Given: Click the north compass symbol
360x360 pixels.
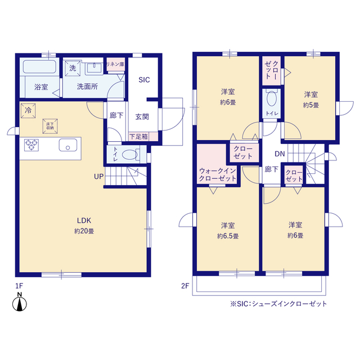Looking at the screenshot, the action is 20,302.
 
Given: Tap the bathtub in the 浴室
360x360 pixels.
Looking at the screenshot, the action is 39,66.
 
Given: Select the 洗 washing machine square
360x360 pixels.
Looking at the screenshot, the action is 73,68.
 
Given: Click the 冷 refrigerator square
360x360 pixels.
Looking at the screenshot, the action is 28,111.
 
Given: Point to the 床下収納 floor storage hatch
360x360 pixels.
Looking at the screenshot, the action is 50,126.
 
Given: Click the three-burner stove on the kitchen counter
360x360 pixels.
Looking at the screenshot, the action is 31,145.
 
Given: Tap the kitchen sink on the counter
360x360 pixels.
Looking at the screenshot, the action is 68,145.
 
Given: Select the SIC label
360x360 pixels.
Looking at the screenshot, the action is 144,80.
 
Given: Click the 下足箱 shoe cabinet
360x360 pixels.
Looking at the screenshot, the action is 143,137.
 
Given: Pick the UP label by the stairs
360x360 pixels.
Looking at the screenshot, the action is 99,177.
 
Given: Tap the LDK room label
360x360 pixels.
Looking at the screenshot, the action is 84,220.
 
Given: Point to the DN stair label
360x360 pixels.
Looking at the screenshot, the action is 280,154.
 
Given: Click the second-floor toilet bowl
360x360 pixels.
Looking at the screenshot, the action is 272,98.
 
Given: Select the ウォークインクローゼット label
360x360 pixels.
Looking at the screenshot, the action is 218,174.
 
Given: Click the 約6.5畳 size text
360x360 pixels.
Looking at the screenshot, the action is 228,236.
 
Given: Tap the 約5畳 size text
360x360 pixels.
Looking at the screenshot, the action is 311,105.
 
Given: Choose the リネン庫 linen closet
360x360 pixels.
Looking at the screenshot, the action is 115,64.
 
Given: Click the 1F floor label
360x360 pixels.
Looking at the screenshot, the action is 19,286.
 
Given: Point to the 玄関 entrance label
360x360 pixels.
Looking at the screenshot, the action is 142,117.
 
